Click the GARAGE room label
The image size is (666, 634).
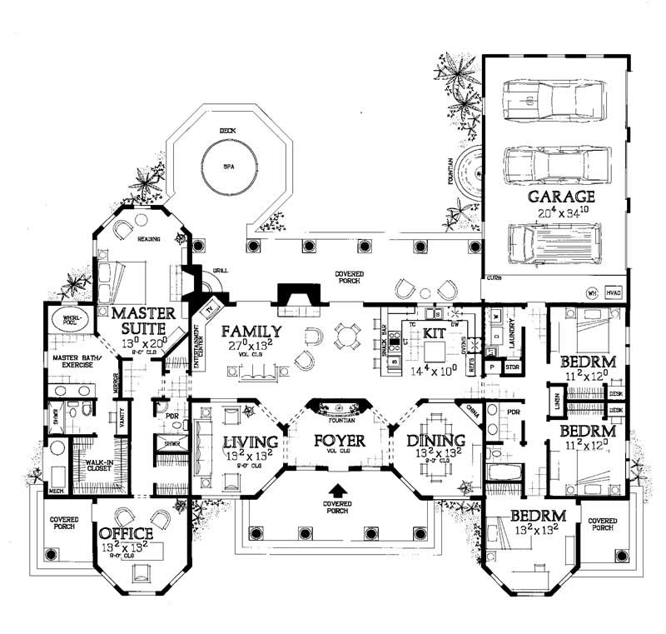(560, 197)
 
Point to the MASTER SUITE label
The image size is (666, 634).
(143, 320)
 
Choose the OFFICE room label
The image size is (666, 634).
(126, 534)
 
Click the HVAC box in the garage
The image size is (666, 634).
(614, 293)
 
